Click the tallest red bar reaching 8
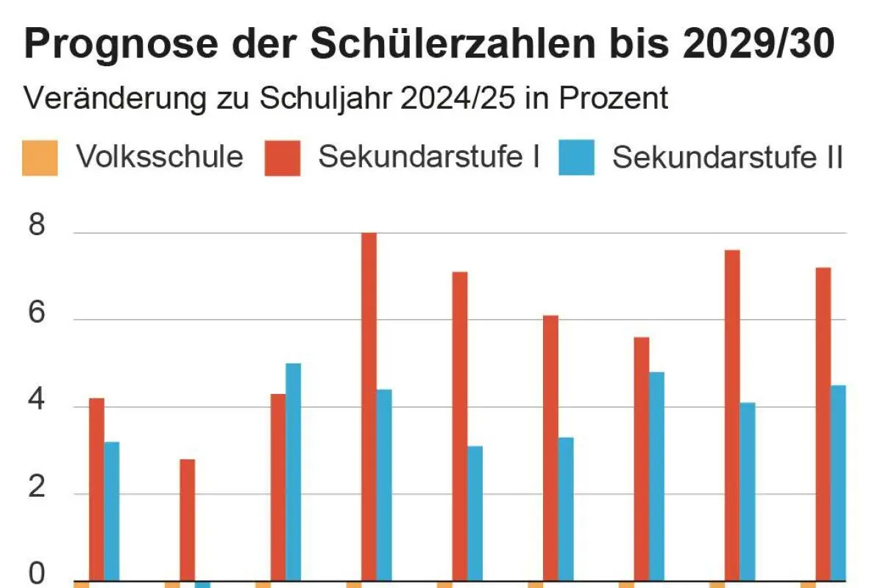(369, 404)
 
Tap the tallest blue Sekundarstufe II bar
(293, 470)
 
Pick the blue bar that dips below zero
(202, 584)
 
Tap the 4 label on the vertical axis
(36, 401)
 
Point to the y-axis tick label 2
(36, 488)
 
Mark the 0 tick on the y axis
(36, 574)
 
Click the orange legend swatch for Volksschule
(40, 158)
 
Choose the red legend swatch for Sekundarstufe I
(283, 158)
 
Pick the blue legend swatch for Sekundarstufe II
(576, 158)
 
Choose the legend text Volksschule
(160, 157)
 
